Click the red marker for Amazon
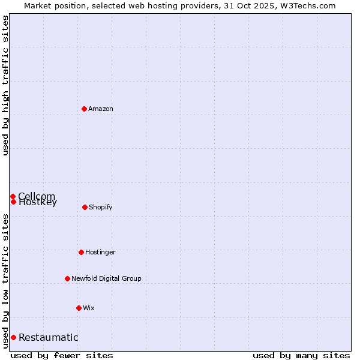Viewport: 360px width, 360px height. coord(84,109)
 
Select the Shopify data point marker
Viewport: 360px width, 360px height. coord(85,207)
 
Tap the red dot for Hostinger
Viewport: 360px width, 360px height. coord(81,252)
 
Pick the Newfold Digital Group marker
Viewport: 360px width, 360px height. coord(67,278)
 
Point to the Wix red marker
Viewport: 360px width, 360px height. coord(79,308)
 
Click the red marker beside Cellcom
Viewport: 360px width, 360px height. coord(13,196)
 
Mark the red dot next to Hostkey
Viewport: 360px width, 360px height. coord(13,202)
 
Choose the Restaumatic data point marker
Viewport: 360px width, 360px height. coord(13,337)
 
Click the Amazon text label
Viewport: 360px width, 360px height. coord(101,109)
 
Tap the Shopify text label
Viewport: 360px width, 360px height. coord(100,207)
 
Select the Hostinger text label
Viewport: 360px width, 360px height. coord(100,252)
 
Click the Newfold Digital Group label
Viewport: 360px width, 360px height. coord(106,278)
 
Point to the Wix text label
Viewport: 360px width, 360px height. coord(89,308)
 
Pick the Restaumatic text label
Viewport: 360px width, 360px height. coord(48,337)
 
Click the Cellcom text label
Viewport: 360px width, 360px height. coord(37,196)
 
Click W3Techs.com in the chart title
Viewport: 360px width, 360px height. coord(308,5)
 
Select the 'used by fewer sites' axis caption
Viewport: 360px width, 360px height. coord(62,355)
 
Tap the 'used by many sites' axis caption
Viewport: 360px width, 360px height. coord(301,355)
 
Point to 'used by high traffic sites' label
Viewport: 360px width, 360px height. coord(5,85)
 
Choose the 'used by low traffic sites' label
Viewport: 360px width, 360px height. coord(5,280)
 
